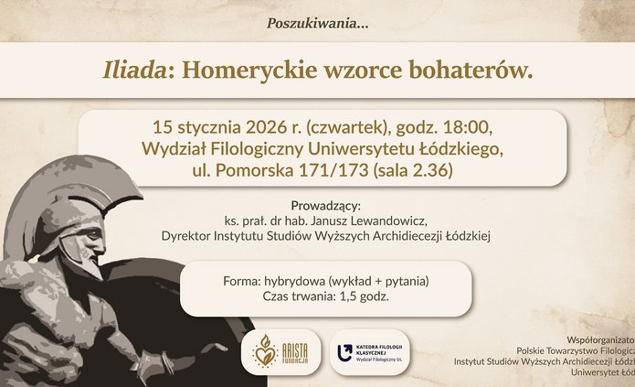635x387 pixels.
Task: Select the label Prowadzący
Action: click(x=325, y=204)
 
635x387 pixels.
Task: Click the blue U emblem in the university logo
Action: click(x=345, y=351)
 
